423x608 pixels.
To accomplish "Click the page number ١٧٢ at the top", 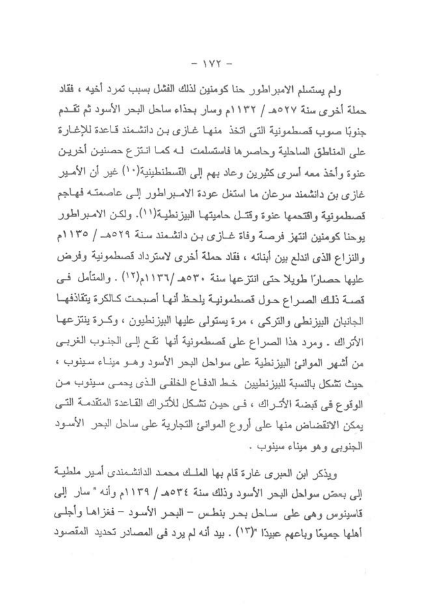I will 212,63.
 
